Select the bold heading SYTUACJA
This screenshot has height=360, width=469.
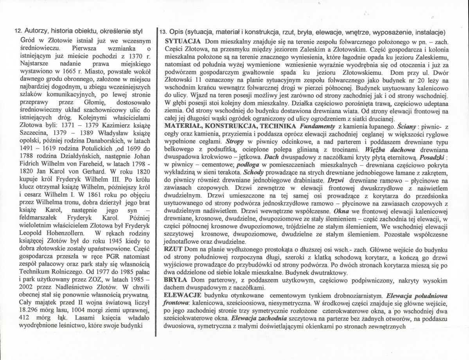183,41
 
